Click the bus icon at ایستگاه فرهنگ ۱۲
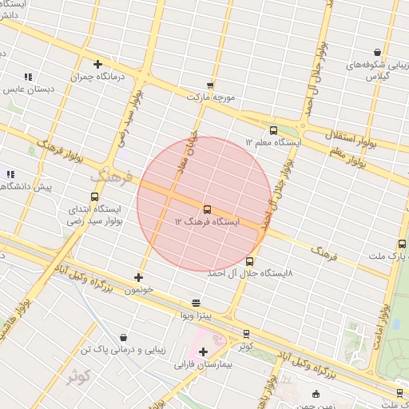208,208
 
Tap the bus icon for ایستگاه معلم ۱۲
274,130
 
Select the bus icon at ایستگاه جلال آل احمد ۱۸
250,261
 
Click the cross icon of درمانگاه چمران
97,65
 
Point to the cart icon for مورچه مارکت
210,85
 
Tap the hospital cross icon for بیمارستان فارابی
203,351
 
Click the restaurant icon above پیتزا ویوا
196,303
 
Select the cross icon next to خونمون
139,277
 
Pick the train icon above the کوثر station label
245,334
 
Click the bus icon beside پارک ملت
401,244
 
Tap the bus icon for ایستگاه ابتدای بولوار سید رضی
95,197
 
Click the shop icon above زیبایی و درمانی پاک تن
122,338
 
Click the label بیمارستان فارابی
203,364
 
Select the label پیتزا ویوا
196,316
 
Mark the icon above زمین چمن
316,394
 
